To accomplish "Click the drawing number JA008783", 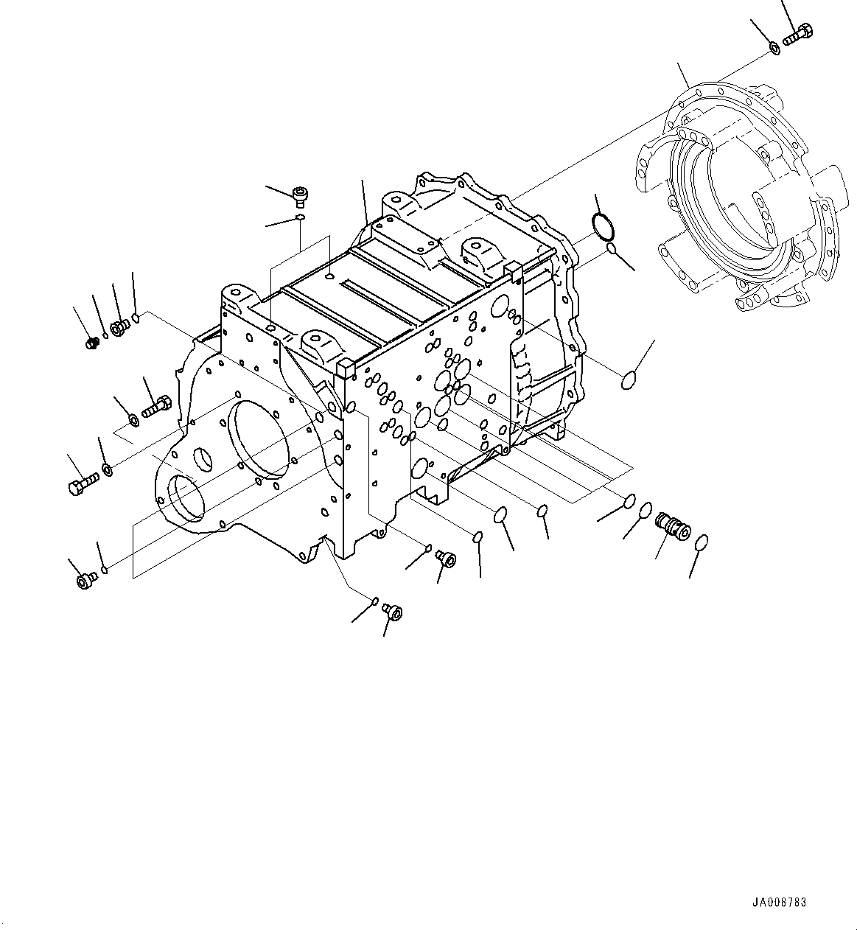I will pos(779,903).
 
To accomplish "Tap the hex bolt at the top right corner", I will pos(797,35).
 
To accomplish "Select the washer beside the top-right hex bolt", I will pos(775,48).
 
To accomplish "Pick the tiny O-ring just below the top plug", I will pos(300,217).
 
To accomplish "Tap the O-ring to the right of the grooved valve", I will pos(701,542).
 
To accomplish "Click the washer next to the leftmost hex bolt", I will pos(108,469).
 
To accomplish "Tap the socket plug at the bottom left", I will pos(85,581).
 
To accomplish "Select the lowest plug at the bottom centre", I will pos(394,612).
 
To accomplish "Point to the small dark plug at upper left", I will pos(92,343).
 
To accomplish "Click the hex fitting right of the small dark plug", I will pos(118,327).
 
